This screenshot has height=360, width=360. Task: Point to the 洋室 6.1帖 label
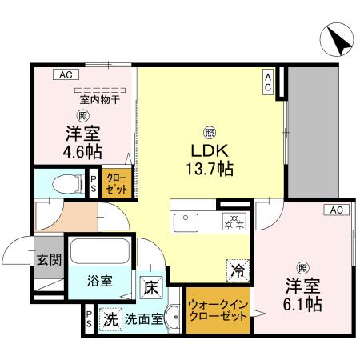coord(304,295)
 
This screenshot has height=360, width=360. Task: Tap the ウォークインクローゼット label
coord(218,310)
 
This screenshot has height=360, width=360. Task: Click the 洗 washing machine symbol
coord(110,318)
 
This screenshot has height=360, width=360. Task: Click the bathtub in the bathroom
coord(99,252)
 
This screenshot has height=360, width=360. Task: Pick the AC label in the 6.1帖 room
coord(337,210)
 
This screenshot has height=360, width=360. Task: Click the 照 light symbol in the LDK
coord(210,132)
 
